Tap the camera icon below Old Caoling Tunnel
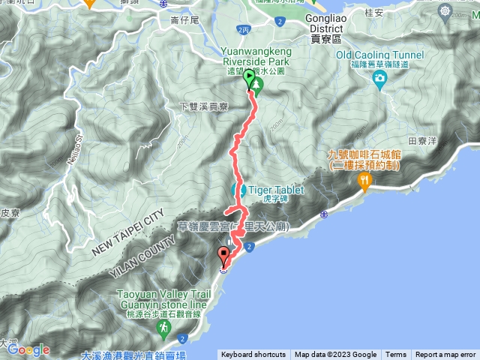tap(380, 78)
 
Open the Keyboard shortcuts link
tap(253, 355)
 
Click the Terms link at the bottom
tap(396, 355)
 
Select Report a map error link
tap(445, 355)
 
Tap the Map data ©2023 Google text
tap(335, 355)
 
